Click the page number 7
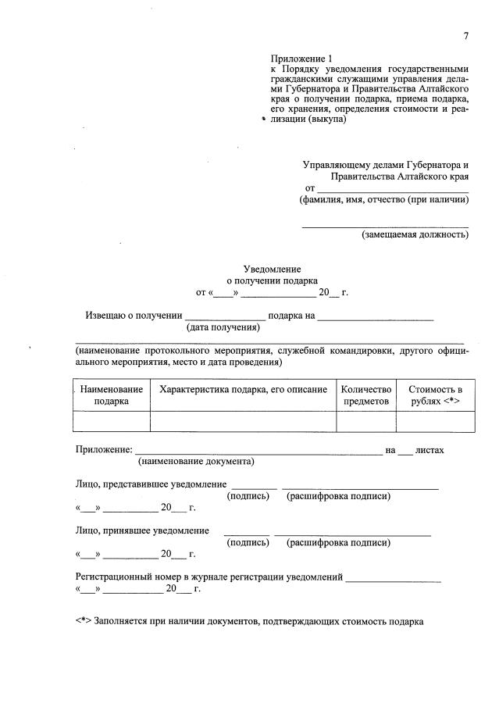click(465, 37)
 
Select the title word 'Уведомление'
click(272, 269)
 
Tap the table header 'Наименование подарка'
click(112, 395)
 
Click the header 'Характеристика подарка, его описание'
click(243, 390)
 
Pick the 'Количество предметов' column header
click(366, 395)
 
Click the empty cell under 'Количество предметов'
click(366, 422)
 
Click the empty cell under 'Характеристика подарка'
click(243, 422)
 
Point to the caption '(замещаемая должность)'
click(414, 235)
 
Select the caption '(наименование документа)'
click(196, 462)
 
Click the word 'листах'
click(429, 451)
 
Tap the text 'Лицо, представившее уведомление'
click(151, 484)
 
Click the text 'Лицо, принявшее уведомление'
click(142, 531)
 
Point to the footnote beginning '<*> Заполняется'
click(249, 622)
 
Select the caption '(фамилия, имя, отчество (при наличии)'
click(384, 200)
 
